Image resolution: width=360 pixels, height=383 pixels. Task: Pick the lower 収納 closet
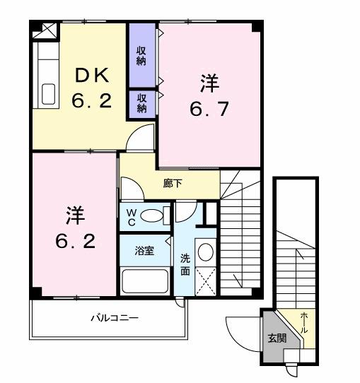[141, 103]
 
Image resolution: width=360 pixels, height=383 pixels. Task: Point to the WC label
[132, 217]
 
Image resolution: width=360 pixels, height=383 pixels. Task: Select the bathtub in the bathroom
[145, 281]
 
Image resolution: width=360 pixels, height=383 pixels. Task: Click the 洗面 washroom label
[184, 264]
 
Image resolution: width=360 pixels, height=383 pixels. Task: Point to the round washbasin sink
[205, 251]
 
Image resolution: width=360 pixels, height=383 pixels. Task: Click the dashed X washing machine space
[206, 281]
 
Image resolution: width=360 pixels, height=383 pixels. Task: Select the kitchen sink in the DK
[49, 93]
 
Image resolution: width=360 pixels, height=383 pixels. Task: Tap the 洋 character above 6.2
[74, 214]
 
